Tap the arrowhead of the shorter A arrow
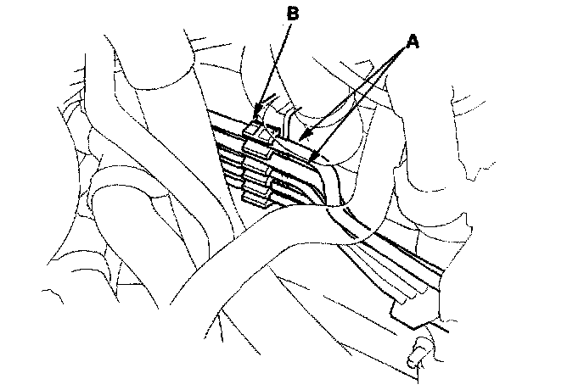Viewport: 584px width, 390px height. click(298, 137)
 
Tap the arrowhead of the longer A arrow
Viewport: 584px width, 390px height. click(311, 159)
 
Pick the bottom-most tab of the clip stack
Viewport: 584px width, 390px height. click(255, 198)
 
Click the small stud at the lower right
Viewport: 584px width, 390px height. click(417, 357)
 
